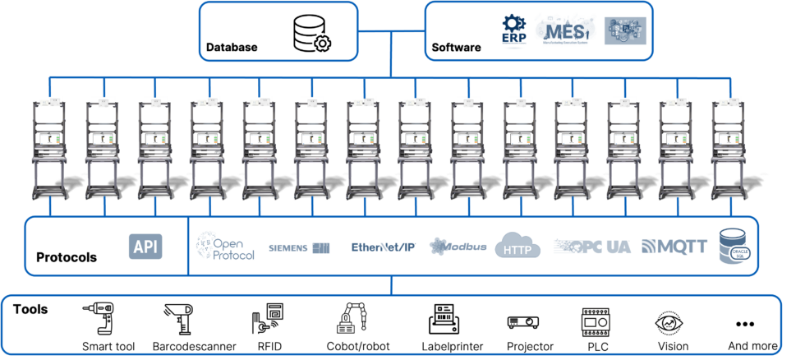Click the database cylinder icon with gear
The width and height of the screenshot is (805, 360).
coord(311,33)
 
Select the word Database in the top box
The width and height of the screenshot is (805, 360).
coord(232,48)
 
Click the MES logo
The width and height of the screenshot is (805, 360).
coord(565,32)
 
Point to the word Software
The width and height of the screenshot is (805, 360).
coord(457,48)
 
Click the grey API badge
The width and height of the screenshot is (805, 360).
coord(146,246)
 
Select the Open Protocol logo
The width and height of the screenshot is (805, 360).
coord(225,246)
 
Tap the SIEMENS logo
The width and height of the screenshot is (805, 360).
coord(300,247)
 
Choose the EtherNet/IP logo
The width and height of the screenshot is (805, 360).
coord(383,247)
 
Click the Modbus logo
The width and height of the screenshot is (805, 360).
coord(458,247)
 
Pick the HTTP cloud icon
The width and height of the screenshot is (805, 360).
coord(517,246)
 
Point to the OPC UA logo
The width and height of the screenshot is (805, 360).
coord(592,247)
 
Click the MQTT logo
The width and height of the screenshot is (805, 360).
coord(674,247)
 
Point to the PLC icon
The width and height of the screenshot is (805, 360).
coord(596,321)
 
